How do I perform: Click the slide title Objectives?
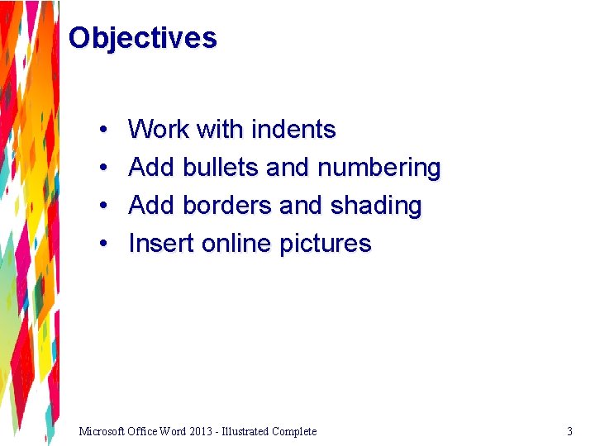pyautogui.click(x=142, y=38)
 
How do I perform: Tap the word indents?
pyautogui.click(x=293, y=130)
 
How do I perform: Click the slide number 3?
pyautogui.click(x=569, y=431)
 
